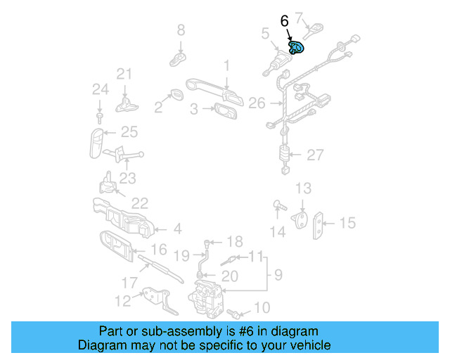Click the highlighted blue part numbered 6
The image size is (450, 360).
[x=298, y=48]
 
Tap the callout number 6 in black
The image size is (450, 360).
[x=284, y=22]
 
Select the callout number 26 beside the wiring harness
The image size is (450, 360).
[x=257, y=103]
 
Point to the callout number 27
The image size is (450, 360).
[x=314, y=155]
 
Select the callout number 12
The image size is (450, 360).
[x=122, y=301]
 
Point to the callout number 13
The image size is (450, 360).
[x=302, y=188]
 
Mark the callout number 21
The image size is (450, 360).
[x=124, y=74]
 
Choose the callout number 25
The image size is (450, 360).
[x=129, y=131]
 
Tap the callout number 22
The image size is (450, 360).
[x=139, y=204]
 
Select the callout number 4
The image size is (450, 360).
[x=176, y=229]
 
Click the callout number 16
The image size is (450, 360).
[x=159, y=250]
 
